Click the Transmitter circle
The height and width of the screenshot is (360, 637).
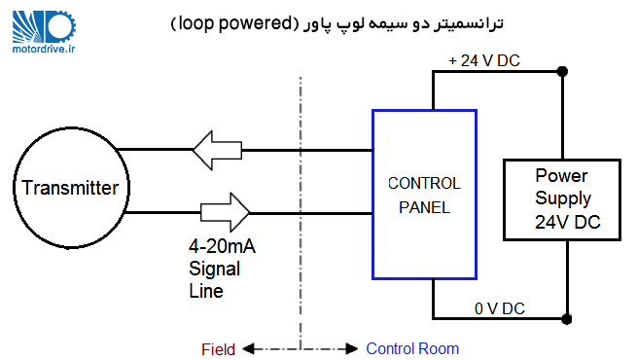(70, 188)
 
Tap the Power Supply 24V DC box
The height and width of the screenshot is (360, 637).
(562, 199)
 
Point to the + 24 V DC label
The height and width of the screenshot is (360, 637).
(483, 60)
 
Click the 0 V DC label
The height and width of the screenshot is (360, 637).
(499, 308)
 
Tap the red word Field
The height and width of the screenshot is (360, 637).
(218, 348)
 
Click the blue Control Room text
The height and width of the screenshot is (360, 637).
(412, 348)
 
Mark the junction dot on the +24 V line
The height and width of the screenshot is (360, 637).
(563, 70)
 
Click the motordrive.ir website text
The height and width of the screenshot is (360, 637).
(46, 46)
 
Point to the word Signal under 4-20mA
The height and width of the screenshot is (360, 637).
(215, 269)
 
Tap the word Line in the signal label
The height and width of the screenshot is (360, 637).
(205, 290)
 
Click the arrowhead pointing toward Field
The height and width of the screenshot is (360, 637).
(247, 348)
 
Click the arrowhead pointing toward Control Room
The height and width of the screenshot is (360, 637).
(351, 348)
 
